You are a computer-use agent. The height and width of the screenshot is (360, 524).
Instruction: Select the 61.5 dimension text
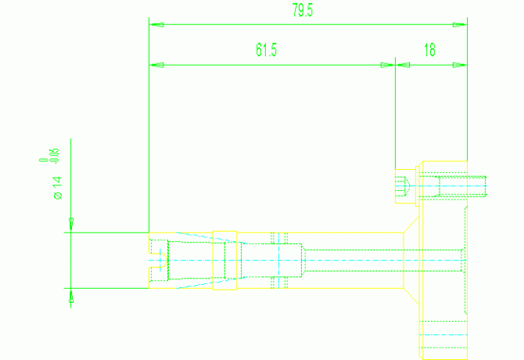point(267,51)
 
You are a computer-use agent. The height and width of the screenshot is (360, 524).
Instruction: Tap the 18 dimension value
point(429,51)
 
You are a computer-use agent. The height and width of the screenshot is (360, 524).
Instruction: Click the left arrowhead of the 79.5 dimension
point(156,24)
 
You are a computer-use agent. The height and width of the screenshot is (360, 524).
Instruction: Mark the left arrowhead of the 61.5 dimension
point(156,65)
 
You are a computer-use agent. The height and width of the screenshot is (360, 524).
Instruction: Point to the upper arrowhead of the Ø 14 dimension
point(71,225)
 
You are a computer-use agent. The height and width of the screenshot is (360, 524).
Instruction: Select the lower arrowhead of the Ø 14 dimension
point(71,296)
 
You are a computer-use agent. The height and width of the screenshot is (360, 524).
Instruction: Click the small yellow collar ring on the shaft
point(224,260)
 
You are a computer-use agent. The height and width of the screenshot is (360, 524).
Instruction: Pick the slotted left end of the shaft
point(157,260)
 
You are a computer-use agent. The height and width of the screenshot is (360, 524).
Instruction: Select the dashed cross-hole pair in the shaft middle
point(279,260)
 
